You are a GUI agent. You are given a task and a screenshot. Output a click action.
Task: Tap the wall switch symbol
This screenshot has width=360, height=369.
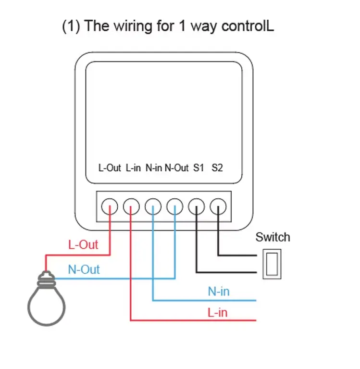(x=272, y=264)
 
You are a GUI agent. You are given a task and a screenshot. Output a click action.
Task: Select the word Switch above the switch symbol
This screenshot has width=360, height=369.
(x=273, y=237)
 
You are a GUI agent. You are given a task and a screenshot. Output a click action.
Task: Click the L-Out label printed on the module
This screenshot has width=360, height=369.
(x=110, y=168)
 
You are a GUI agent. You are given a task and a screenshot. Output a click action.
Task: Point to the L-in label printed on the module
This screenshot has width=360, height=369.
(x=133, y=168)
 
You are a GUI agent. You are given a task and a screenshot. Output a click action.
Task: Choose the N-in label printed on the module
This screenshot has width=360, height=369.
(x=153, y=168)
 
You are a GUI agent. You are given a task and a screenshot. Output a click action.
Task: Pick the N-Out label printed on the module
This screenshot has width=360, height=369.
(x=176, y=168)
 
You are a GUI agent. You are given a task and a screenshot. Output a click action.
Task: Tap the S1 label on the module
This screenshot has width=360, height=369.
(x=199, y=168)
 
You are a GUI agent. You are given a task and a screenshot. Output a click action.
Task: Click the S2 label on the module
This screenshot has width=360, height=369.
(x=217, y=168)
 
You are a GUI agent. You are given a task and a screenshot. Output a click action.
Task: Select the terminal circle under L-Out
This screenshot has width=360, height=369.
(x=110, y=207)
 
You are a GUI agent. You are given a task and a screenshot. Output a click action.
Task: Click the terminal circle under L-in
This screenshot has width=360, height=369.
(x=131, y=207)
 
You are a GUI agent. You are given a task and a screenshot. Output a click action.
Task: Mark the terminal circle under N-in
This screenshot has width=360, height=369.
(x=153, y=207)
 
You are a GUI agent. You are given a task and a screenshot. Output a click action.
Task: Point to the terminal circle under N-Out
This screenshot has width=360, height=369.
(x=175, y=207)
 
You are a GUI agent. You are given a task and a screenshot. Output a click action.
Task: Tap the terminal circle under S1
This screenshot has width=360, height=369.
(x=197, y=207)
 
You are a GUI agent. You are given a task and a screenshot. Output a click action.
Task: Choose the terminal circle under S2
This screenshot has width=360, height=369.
(x=218, y=207)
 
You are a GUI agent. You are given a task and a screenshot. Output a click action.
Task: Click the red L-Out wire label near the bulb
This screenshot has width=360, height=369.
(x=83, y=244)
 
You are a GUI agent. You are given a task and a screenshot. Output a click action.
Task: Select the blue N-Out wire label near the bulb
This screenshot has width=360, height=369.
(x=84, y=269)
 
